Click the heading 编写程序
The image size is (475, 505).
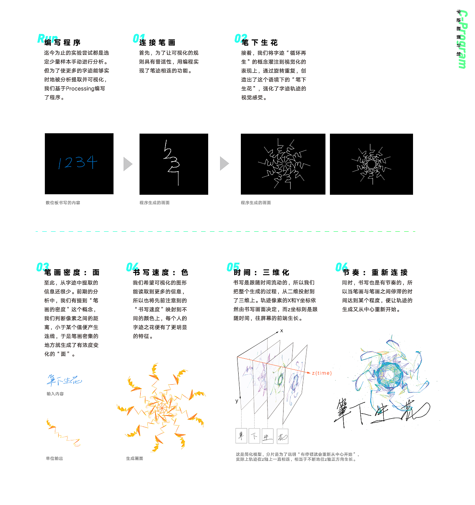point(63,43)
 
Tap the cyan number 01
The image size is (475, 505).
point(138,38)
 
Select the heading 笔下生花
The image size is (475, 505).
point(260,43)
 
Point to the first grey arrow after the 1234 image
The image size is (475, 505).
point(128,164)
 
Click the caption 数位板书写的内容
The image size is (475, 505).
point(63,203)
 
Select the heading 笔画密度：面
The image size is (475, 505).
point(72,273)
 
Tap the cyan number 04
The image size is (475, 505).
point(132,267)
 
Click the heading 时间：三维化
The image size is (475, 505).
point(261,273)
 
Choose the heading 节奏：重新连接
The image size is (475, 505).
point(375,273)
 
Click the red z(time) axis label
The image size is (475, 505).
point(322,373)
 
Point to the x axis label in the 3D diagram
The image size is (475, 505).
point(282,330)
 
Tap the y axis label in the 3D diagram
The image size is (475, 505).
point(237,401)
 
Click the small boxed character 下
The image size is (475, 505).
point(254,436)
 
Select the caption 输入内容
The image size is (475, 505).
point(55,394)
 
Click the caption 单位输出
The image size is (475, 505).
point(55,459)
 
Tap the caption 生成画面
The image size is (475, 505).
point(135,459)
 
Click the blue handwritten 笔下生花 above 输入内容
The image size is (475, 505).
point(64,380)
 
